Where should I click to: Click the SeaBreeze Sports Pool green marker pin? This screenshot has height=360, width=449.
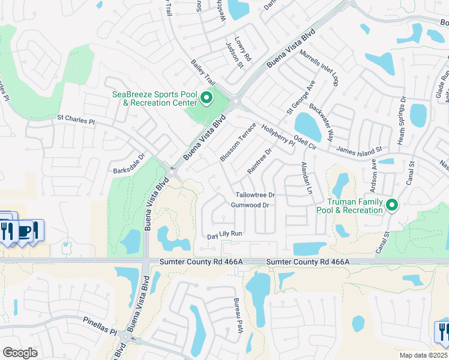point(207,97)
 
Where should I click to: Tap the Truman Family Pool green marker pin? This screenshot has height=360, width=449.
point(393,205)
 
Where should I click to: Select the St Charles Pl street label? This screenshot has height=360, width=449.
point(76,121)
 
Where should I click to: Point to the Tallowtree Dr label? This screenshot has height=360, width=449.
point(255,195)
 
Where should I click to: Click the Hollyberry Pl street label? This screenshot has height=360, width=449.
point(279,135)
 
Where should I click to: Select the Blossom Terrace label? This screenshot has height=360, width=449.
point(238,142)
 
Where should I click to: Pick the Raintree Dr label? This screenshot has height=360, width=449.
point(259,160)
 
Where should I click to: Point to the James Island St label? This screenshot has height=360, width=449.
point(360,148)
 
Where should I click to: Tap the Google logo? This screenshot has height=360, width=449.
point(20,353)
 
